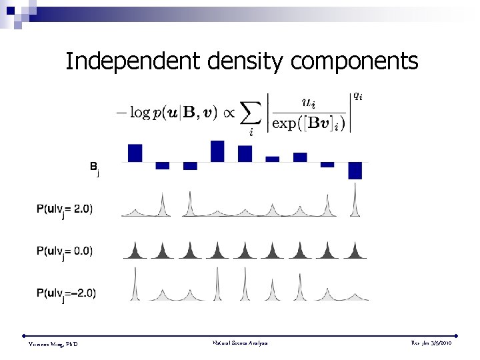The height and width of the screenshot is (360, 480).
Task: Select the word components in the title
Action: click(355, 61)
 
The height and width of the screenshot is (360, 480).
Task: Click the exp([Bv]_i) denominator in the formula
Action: click(308, 124)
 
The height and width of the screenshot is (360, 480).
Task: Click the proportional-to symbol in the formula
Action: click(227, 113)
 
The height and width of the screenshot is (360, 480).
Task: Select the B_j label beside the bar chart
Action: click(95, 167)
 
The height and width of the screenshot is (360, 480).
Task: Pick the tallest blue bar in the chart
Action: click(217, 151)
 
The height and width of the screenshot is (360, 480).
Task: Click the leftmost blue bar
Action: click(135, 153)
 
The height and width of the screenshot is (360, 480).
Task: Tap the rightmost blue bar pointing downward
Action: click(355, 171)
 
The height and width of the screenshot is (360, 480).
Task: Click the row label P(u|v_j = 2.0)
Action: click(65, 210)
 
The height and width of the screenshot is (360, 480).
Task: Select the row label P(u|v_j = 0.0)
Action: click(65, 252)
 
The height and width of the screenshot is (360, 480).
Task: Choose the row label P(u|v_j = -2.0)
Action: click(66, 293)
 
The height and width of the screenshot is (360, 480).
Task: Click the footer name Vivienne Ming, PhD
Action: click(53, 343)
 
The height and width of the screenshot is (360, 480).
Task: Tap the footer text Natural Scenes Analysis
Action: click(239, 343)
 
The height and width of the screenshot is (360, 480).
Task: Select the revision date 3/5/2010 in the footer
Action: click(444, 343)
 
